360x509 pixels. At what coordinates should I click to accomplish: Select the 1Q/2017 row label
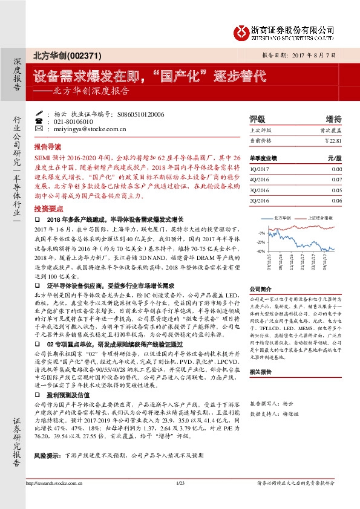(x=258, y=170)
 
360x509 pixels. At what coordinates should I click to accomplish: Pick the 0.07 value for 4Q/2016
(x=337, y=180)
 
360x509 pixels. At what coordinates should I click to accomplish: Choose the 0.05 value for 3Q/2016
(x=337, y=190)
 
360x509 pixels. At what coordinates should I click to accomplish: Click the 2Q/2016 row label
(x=258, y=200)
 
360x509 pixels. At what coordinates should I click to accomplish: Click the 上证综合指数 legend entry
(x=321, y=216)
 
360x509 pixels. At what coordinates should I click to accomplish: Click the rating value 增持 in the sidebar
(x=333, y=118)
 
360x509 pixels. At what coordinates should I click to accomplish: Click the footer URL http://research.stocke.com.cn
(x=54, y=500)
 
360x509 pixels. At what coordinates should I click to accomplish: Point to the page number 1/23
(x=180, y=500)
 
